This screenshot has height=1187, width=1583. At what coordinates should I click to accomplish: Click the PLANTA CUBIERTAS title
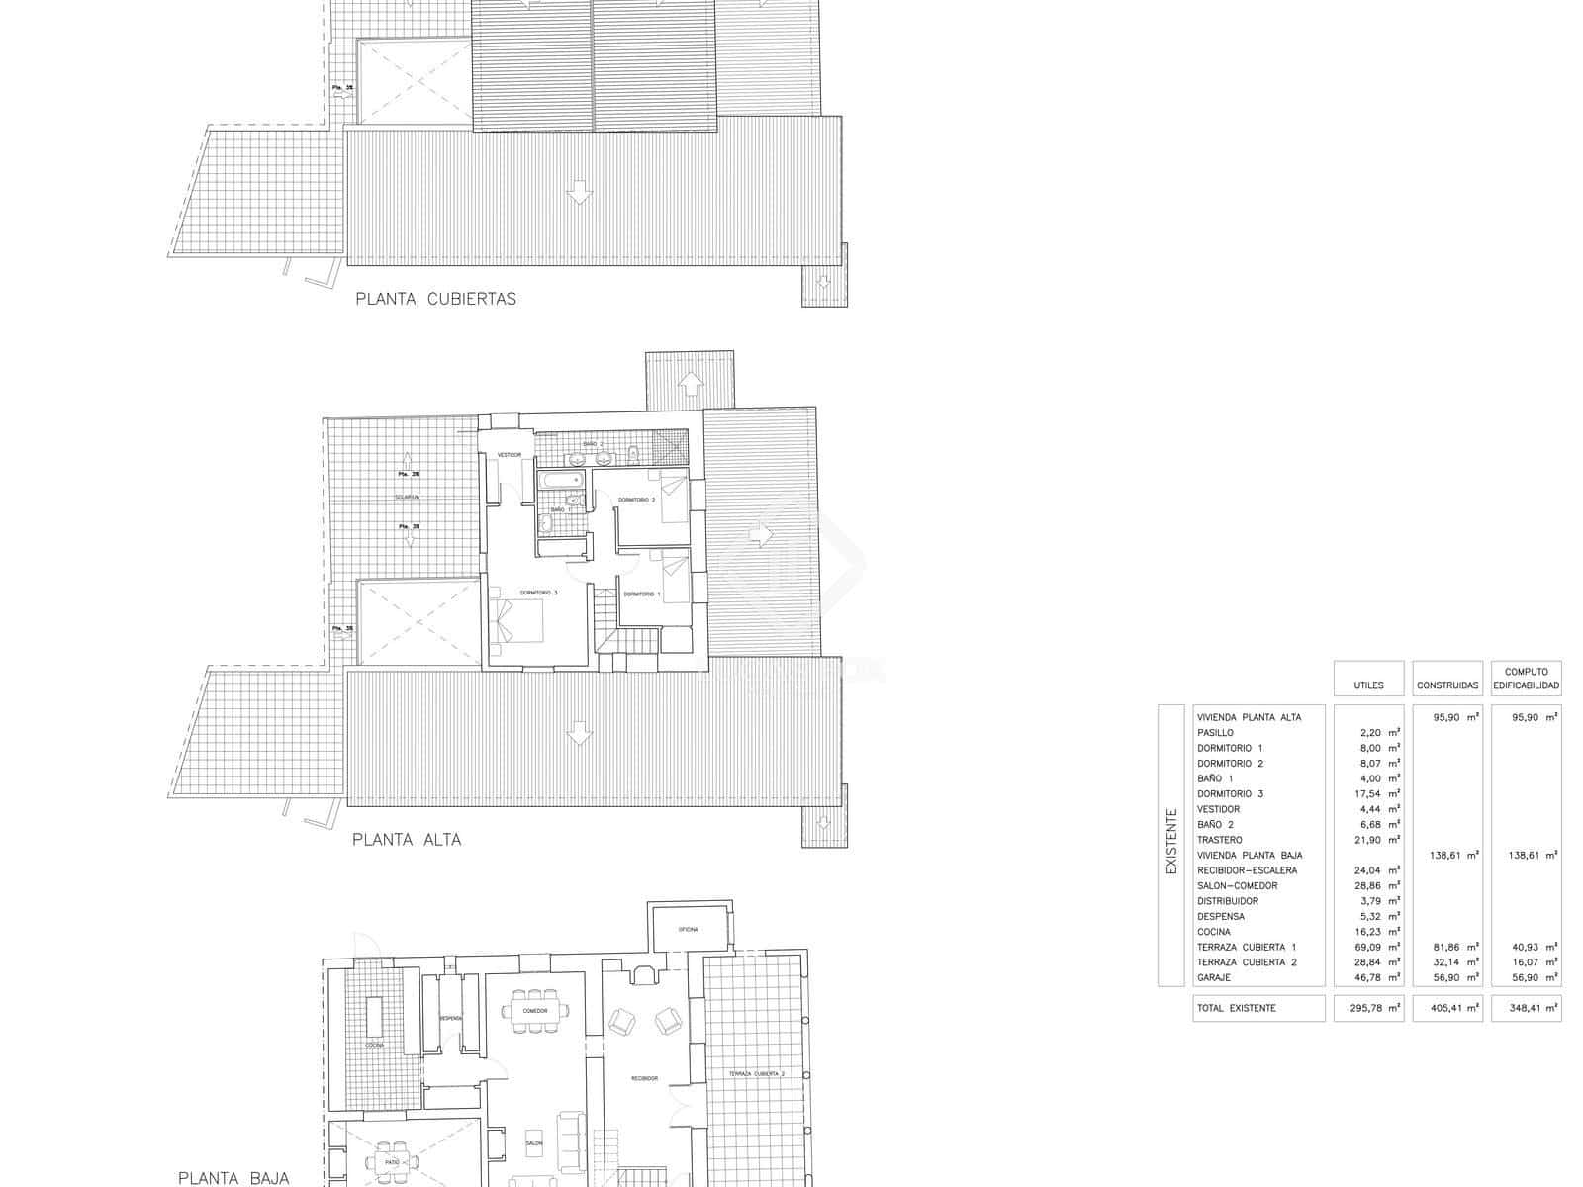[x=435, y=298]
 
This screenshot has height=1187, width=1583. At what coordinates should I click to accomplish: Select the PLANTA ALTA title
[x=407, y=839]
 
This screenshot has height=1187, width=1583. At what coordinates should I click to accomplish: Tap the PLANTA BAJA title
[x=233, y=1177]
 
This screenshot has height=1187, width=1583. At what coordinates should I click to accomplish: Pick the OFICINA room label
[x=688, y=930]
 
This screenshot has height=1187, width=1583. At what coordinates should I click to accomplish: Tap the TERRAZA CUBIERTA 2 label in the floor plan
[x=757, y=1073]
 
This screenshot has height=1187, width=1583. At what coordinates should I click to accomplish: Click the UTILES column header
[x=1368, y=685]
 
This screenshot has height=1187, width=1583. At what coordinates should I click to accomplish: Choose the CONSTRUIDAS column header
[x=1447, y=685]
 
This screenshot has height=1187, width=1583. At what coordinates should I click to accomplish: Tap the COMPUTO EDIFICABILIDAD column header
[x=1527, y=678]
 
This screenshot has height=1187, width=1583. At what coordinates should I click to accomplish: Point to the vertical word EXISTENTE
[x=1171, y=842]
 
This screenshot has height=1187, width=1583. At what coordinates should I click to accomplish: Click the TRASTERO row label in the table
[x=1219, y=840]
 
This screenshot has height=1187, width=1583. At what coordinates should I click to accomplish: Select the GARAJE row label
[x=1213, y=977]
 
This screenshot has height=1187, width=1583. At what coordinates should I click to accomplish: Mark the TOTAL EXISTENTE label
[x=1237, y=1008]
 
